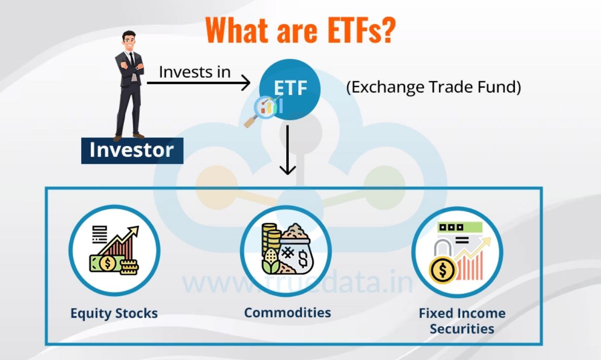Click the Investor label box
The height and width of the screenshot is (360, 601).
132,150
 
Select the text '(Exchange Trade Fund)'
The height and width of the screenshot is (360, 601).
433,88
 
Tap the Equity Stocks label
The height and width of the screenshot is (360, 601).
114,313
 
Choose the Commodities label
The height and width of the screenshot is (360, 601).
287,312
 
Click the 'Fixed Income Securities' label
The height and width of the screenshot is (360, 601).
462,321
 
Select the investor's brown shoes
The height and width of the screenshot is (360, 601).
127,136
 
